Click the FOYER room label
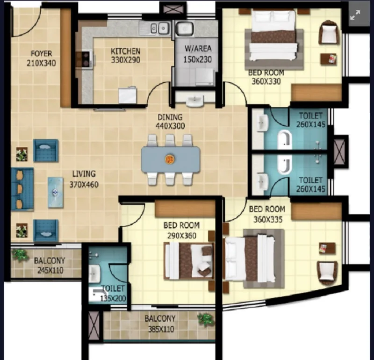41,53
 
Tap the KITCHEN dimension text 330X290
125,60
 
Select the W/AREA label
198,49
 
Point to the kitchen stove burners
86,59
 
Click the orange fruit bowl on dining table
170,159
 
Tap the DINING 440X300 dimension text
170,126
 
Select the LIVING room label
84,173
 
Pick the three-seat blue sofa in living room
22,189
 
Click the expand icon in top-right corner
355,15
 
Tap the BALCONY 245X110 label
50,265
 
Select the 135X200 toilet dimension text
113,298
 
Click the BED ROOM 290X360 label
181,230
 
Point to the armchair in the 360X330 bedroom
329,32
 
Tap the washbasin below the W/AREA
195,101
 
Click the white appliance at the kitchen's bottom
128,95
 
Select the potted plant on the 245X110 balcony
20,255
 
